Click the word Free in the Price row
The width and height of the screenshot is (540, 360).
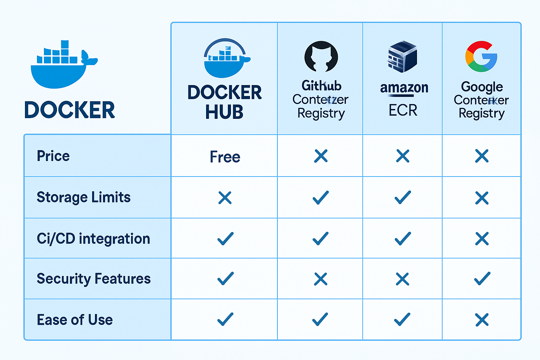[225, 157]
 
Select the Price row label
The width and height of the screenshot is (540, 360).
[53, 156]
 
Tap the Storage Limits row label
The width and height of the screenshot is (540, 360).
[83, 197]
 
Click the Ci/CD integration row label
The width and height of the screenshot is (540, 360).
[93, 239]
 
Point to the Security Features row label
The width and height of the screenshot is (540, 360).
[94, 279]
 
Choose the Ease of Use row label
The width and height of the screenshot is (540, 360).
[75, 320]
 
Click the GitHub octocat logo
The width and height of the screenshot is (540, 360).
[321, 57]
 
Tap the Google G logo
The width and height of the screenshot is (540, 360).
[481, 57]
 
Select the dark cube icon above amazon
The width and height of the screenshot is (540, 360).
[403, 57]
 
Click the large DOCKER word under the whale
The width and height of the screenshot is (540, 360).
[70, 110]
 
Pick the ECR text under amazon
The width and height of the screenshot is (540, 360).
[403, 110]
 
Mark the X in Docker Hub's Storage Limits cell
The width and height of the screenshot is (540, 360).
[225, 198]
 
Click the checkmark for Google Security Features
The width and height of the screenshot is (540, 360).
[482, 279]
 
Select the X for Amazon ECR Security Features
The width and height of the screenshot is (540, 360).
[403, 279]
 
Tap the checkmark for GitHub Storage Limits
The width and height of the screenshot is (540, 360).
[321, 198]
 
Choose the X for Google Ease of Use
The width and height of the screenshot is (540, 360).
[482, 320]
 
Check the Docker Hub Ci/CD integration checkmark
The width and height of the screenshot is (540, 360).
[225, 239]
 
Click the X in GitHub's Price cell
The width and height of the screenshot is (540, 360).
[321, 156]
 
